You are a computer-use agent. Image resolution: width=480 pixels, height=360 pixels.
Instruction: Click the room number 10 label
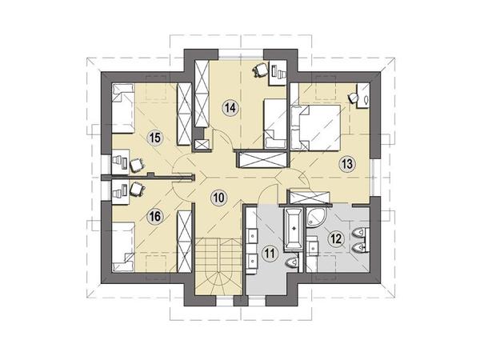(219, 198)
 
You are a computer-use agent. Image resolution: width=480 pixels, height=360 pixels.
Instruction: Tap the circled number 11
(270, 253)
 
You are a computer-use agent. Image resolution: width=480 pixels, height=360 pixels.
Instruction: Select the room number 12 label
(336, 238)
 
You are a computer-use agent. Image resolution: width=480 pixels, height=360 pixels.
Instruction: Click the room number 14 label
(230, 107)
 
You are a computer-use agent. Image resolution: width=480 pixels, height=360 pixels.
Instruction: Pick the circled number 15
(155, 138)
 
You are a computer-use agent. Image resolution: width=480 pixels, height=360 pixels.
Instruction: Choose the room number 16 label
(155, 217)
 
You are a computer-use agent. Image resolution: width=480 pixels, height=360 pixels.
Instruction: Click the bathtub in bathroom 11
(294, 229)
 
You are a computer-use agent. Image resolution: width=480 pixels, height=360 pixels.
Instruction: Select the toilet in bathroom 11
(292, 263)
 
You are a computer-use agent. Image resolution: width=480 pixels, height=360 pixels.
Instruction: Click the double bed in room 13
(316, 127)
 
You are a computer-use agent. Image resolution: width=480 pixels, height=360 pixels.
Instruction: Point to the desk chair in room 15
(137, 165)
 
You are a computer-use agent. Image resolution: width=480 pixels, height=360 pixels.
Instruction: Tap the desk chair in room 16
(137, 189)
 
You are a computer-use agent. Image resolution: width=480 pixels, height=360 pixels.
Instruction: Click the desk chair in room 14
(260, 70)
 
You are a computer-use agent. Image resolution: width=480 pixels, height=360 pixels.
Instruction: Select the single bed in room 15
(123, 108)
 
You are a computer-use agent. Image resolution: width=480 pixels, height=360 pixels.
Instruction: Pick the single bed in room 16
(123, 247)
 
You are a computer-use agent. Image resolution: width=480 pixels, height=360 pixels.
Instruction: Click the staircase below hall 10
(220, 266)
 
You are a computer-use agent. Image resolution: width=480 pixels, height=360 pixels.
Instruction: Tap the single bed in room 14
(275, 123)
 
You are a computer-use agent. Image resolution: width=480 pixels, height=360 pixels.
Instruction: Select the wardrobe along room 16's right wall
(185, 242)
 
